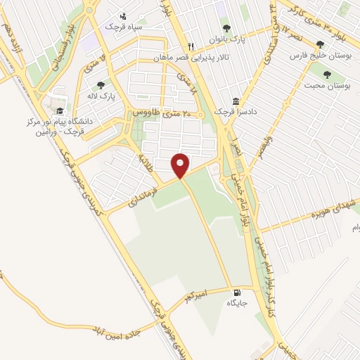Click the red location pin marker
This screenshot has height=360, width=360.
pos(181,165)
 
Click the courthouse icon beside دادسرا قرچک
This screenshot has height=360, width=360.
pos(235,102)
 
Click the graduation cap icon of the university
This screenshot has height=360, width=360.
pos(60,110)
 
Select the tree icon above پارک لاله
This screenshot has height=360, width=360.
pos(101,85)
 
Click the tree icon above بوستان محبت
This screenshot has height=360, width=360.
pos(328,74)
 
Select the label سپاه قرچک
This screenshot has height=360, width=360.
pos(124,26)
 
